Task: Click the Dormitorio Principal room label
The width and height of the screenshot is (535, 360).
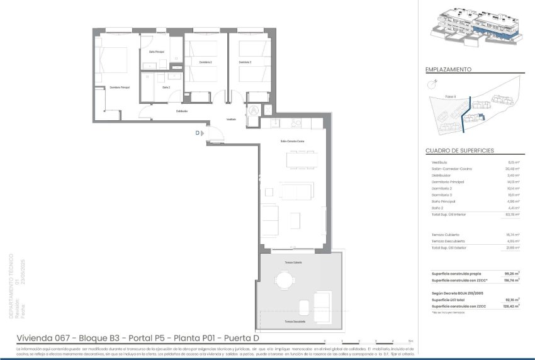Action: [x=119, y=87]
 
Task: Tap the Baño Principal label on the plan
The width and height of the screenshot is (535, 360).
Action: [x=157, y=52]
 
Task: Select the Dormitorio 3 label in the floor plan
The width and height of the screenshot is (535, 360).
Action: [x=245, y=62]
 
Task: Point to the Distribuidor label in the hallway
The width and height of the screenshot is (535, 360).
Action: [x=182, y=111]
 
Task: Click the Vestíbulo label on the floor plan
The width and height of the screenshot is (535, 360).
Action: [x=231, y=119]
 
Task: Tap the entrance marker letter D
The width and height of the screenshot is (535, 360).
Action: [x=197, y=133]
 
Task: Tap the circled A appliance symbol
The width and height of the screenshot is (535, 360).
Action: [x=253, y=109]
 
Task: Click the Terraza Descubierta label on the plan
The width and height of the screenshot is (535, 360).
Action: [x=294, y=322]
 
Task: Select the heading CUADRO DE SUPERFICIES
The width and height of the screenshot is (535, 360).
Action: [x=459, y=151]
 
